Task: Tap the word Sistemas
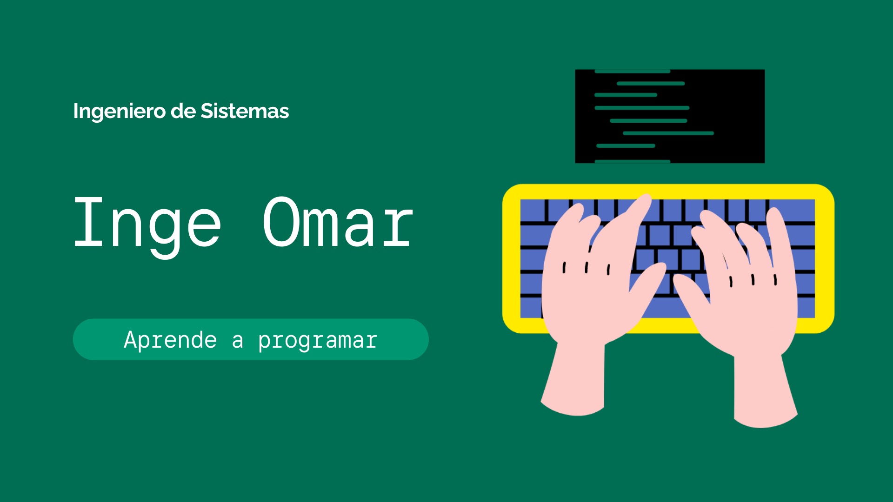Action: coord(245,111)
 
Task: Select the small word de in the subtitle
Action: coord(183,111)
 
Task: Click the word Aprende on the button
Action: coord(170,340)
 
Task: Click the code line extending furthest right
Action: coord(668,133)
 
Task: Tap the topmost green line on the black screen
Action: coord(633,71)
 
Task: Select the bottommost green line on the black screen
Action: coord(633,161)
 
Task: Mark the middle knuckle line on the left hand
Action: coord(586,267)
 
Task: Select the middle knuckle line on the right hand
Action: coord(753,279)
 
